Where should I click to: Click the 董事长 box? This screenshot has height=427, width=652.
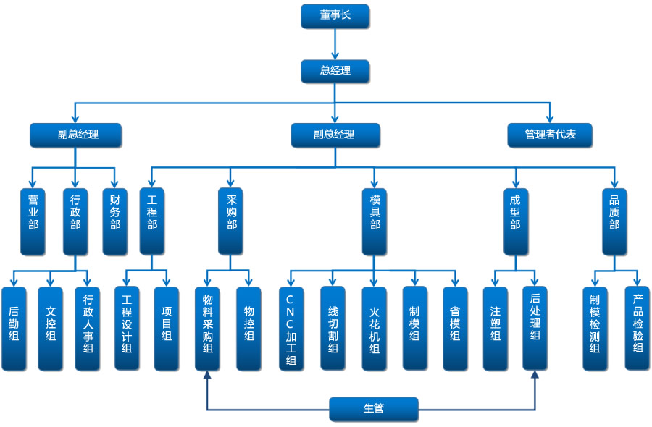pos(335,16)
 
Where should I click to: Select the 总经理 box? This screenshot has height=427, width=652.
pos(335,71)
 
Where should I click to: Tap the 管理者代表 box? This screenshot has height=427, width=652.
pos(550,135)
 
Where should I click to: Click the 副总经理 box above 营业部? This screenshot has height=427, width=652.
pos(75,135)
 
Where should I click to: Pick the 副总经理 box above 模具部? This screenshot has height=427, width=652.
pos(335,135)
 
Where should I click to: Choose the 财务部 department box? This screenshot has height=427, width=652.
pos(114,221)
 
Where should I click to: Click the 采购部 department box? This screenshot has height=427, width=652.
pos(231,221)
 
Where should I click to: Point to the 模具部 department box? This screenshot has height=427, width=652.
pos(375,221)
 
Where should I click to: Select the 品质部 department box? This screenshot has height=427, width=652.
pos(614,221)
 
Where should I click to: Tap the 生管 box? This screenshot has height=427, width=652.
pos(374,409)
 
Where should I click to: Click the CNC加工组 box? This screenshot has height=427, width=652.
pos(291,329)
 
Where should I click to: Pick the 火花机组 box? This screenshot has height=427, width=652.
pos(374,329)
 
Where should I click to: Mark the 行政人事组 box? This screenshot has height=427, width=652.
pos(88,329)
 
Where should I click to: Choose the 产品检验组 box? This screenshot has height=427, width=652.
pos(638,329)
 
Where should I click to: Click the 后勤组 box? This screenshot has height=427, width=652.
pos(13,329)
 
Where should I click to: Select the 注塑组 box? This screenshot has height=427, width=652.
pos(496,329)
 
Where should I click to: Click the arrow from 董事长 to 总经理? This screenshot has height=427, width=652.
pos(335,44)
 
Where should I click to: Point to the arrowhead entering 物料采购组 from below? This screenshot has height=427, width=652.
pos(208,376)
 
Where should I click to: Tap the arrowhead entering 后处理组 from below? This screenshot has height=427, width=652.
pos(535,376)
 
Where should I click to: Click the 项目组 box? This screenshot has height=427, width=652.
pos(167,329)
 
